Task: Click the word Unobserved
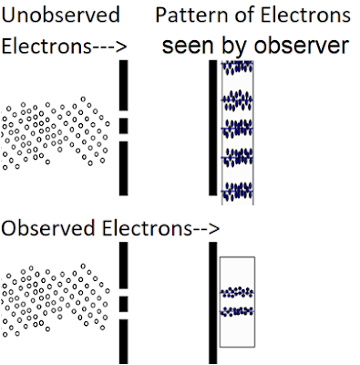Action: coord(60,16)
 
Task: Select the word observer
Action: coord(302,46)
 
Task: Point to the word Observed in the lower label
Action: coord(48,228)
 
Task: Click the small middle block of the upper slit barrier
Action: coord(123,126)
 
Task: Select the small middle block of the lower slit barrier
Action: coord(123,304)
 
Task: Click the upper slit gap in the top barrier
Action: coord(123,114)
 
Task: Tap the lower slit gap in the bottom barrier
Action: coord(123,316)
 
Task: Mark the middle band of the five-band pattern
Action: coord(238,128)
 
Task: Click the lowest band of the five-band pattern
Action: coord(238,191)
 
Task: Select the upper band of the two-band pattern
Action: coord(237,292)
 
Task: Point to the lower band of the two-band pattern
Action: coord(237,311)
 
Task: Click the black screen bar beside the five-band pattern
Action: coord(213,128)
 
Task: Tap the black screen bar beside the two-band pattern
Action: coord(213,303)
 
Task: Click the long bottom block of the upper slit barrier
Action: coord(123,168)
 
